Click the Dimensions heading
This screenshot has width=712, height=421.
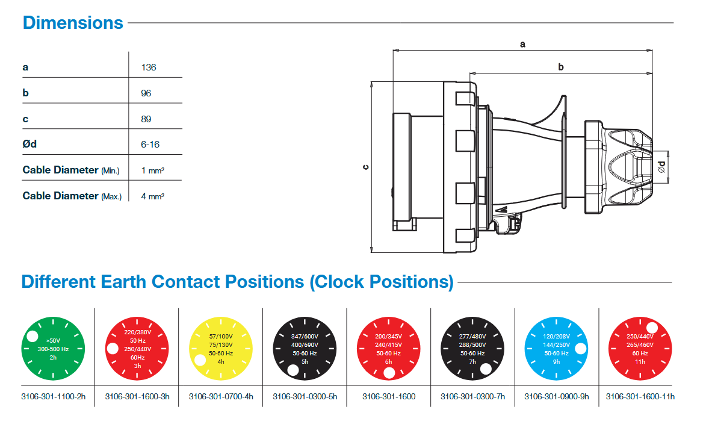pyautogui.click(x=73, y=23)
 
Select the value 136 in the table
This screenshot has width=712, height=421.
pyautogui.click(x=148, y=67)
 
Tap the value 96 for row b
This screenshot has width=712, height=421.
pyautogui.click(x=146, y=93)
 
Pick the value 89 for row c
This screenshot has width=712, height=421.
pyautogui.click(x=146, y=119)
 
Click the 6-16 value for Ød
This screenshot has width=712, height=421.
pyautogui.click(x=150, y=145)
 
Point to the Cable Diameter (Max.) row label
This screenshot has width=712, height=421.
pyautogui.click(x=72, y=196)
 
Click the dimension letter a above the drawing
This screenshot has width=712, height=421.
pyautogui.click(x=522, y=44)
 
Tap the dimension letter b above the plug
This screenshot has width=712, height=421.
pyautogui.click(x=560, y=67)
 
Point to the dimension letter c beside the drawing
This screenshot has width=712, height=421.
pyautogui.click(x=365, y=166)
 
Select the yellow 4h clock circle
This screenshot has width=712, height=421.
pyautogui.click(x=220, y=348)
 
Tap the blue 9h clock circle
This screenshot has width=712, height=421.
pyautogui.click(x=556, y=348)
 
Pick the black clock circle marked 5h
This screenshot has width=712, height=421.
pyautogui.click(x=305, y=348)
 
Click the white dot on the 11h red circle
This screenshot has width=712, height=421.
pyautogui.click(x=652, y=328)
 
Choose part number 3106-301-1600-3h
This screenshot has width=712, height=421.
pyautogui.click(x=137, y=397)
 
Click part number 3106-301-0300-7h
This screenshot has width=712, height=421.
pyautogui.click(x=472, y=397)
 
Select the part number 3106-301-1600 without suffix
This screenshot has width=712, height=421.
pyautogui.click(x=388, y=397)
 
